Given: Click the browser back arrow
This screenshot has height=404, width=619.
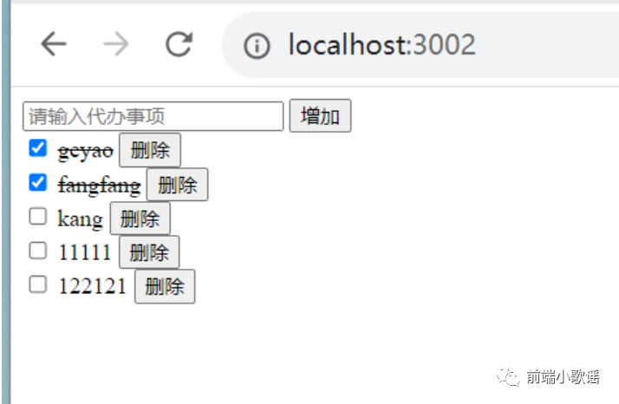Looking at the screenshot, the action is pyautogui.click(x=54, y=45).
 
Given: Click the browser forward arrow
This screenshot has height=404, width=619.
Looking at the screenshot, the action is pyautogui.click(x=115, y=45).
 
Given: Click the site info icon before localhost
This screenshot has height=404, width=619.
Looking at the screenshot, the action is pyautogui.click(x=257, y=46).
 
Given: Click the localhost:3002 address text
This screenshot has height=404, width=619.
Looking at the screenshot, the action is pyautogui.click(x=381, y=45).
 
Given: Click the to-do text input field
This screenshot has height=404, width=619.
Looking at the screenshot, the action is pyautogui.click(x=153, y=116).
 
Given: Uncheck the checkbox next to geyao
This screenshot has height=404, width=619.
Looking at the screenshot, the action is pyautogui.click(x=37, y=148).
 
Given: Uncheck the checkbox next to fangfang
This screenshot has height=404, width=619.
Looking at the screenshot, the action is pyautogui.click(x=37, y=183).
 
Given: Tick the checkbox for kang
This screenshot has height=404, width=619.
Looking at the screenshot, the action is pyautogui.click(x=37, y=217).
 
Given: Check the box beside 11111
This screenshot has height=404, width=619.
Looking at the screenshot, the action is pyautogui.click(x=37, y=251).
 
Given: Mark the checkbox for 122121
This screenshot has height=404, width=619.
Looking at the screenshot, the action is pyautogui.click(x=37, y=284).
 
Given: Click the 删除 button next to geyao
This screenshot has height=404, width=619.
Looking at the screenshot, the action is pyautogui.click(x=150, y=150).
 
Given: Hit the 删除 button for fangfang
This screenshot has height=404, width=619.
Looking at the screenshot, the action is pyautogui.click(x=177, y=185).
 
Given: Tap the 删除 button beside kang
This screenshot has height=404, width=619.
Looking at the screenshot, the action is pyautogui.click(x=140, y=218).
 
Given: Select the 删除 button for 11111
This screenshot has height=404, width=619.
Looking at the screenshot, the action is pyautogui.click(x=149, y=252).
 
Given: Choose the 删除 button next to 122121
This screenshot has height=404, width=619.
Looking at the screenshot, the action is pyautogui.click(x=165, y=286).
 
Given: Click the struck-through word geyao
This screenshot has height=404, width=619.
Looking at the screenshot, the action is pyautogui.click(x=85, y=151).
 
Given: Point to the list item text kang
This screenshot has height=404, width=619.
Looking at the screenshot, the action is pyautogui.click(x=80, y=218).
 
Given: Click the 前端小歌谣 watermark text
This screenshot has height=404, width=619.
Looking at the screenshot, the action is pyautogui.click(x=562, y=376).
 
